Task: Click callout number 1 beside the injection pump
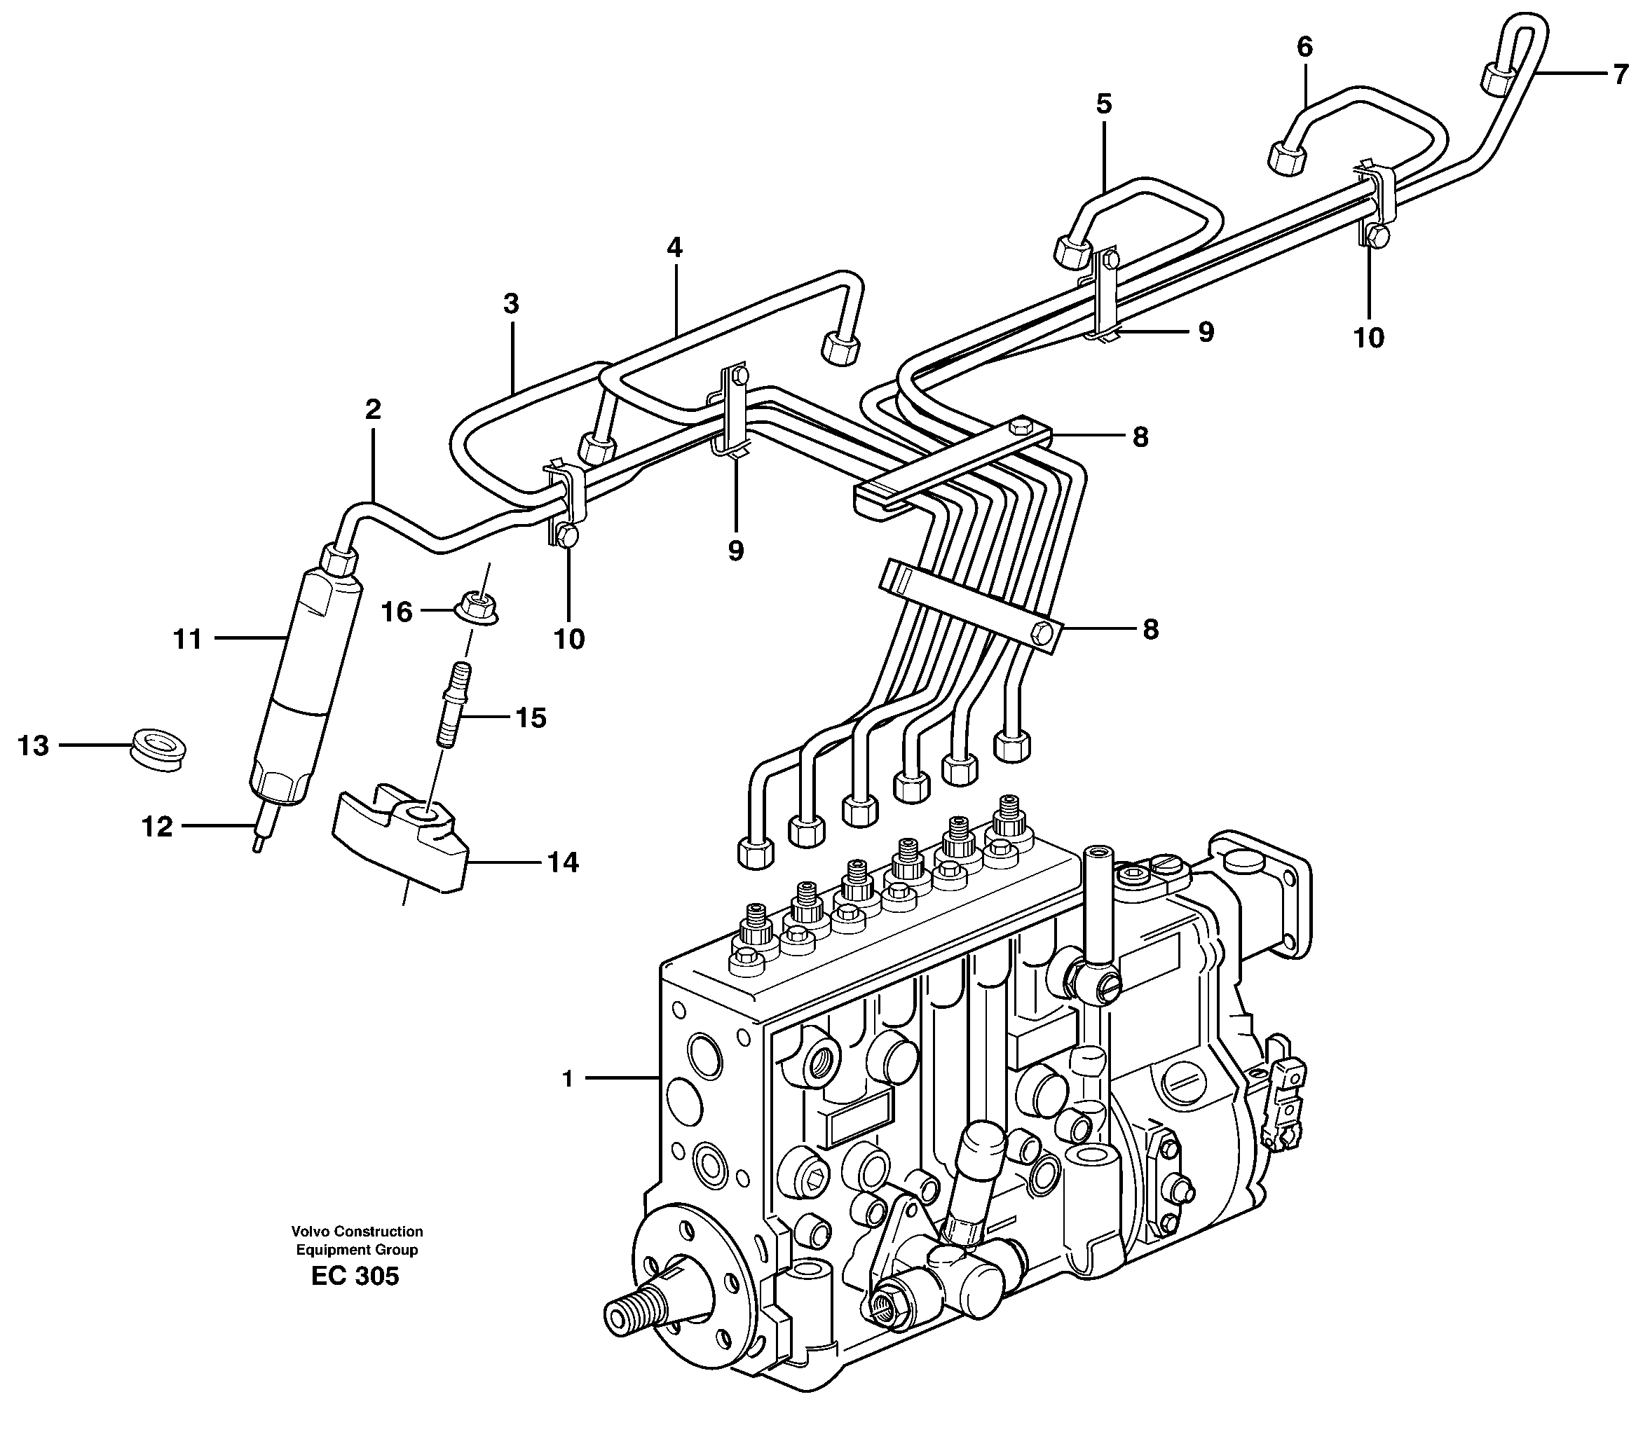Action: point(568,1079)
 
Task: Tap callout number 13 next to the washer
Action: point(33,745)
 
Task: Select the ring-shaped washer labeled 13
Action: point(159,748)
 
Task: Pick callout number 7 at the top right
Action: point(1621,74)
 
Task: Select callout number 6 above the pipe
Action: point(1304,47)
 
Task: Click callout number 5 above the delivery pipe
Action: point(1103,103)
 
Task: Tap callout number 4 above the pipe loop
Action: point(674,247)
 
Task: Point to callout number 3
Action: point(510,303)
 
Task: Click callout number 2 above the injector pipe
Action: point(372,409)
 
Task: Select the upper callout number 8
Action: point(1140,437)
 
